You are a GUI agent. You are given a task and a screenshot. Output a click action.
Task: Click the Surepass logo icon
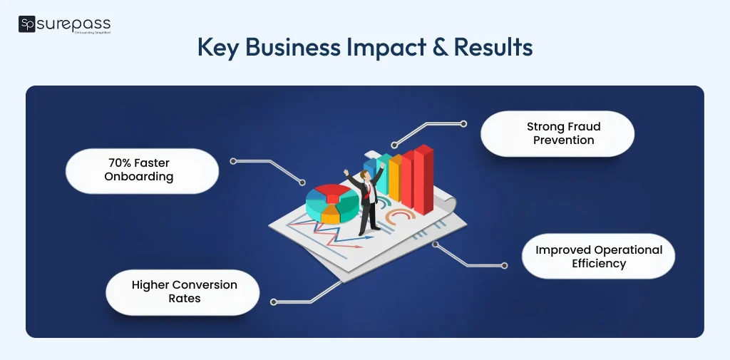coord(26,25)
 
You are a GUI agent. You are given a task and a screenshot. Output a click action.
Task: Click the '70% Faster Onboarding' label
coord(139,170)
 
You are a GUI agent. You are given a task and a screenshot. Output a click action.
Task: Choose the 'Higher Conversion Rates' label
coord(184,292)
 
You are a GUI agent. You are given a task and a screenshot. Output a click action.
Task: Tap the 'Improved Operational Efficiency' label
coord(599,257)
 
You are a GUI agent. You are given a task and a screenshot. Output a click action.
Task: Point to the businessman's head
coord(367,176)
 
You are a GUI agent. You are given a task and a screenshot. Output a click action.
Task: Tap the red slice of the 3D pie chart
coord(330,192)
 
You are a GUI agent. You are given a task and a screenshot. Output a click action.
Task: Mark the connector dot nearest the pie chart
coord(302,182)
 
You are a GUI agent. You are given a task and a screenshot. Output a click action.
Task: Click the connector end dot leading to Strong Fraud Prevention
coord(463,123)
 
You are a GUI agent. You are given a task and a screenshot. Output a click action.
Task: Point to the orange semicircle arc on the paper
coord(399,217)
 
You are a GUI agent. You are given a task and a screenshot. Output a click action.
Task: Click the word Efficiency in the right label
coord(599,264)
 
